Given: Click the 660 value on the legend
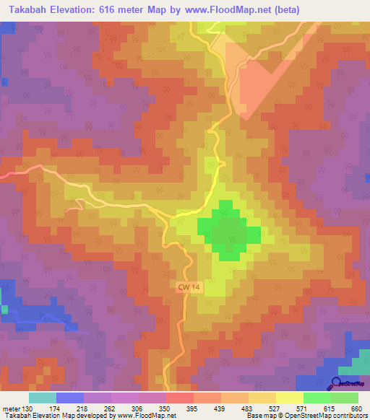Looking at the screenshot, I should tap(355, 408).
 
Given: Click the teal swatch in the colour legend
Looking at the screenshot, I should tap(42, 398).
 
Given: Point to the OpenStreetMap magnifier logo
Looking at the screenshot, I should tap(337, 384).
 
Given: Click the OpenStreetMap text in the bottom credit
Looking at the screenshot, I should tap(318, 416).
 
